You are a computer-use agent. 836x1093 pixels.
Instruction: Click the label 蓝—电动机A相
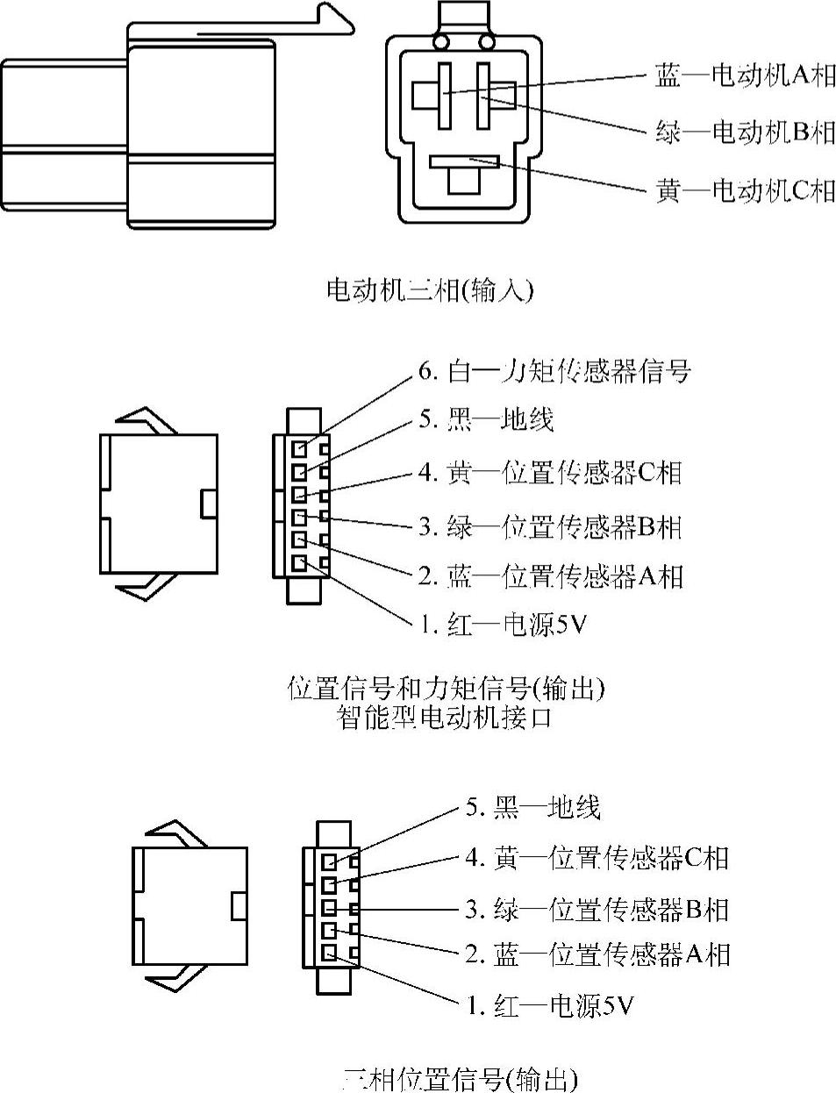point(745,76)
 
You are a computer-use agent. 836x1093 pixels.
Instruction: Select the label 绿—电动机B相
point(745,132)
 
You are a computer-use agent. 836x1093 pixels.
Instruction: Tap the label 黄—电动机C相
point(745,189)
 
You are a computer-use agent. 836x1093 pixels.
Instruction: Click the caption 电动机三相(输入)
point(429,289)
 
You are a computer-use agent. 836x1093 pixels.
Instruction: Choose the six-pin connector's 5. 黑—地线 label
point(485,419)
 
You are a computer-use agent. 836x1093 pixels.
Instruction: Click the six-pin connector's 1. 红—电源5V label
point(502,625)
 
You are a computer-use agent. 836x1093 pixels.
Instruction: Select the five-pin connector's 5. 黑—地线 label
point(532,807)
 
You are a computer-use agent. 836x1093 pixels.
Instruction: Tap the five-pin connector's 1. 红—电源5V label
point(549,1004)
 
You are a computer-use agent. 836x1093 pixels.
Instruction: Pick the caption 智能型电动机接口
point(445,718)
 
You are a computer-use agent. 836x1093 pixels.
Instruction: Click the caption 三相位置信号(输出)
point(460,1078)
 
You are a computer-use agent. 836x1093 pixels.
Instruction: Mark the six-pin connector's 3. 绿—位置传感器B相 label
point(550,526)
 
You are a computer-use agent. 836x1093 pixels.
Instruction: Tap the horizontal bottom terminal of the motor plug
point(464,161)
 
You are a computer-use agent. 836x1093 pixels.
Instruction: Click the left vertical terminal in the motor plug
point(444,94)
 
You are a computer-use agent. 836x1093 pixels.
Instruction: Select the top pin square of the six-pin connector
point(300,448)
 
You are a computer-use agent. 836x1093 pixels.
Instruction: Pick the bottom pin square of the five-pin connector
point(330,953)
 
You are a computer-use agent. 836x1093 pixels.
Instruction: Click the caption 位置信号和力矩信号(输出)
point(447,688)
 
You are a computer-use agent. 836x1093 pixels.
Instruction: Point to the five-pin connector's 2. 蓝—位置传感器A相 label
point(597,954)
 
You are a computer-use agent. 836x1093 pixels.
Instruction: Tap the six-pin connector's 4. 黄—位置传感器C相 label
point(550,473)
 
